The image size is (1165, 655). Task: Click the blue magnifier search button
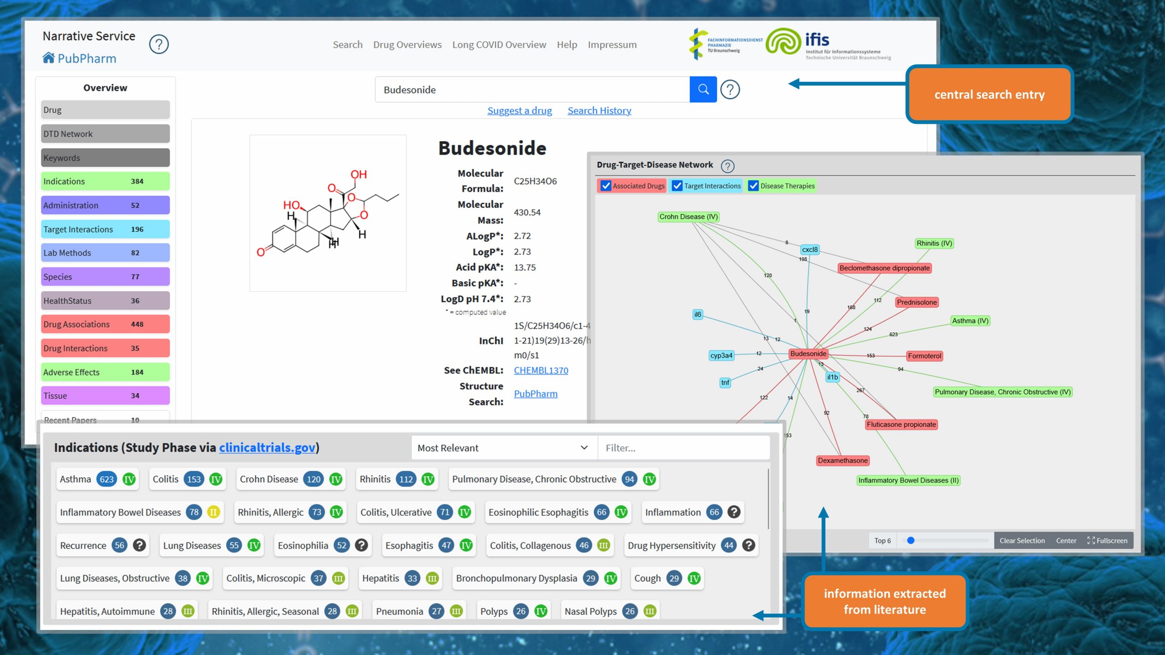pos(703,90)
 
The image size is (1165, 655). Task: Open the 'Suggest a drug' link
pos(519,111)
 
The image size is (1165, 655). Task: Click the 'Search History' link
pos(599,111)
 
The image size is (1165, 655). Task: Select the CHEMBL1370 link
pos(541,370)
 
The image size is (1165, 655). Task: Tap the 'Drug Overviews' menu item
pos(407,45)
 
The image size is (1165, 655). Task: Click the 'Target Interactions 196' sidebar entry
pos(105,229)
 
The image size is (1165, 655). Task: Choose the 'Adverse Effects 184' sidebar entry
pos(105,372)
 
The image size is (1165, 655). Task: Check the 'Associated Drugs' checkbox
pos(606,186)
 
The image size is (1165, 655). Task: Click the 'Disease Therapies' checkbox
pos(754,186)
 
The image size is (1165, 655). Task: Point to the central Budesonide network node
pos(808,353)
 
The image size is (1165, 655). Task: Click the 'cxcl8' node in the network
pos(810,249)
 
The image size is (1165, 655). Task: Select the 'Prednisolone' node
pos(917,302)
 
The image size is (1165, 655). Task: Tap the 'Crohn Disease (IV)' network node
pos(689,217)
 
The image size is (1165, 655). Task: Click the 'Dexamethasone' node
pos(842,460)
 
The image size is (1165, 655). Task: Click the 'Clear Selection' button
pos(1022,540)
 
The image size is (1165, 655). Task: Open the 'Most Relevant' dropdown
pos(503,448)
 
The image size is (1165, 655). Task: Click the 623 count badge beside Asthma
pos(106,479)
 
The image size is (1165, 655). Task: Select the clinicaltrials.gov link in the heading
pos(267,448)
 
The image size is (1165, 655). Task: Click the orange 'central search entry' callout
pos(989,95)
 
